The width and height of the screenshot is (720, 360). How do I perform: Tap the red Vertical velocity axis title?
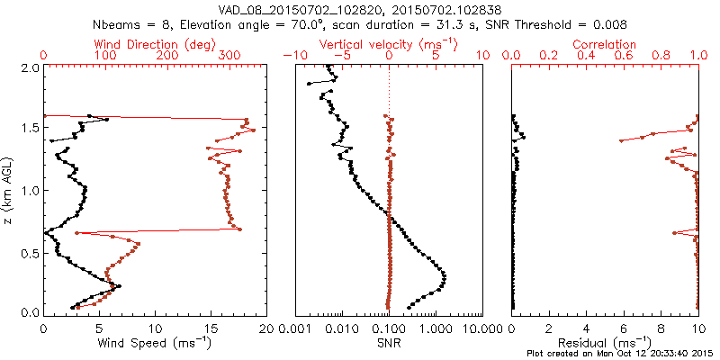tap(389, 44)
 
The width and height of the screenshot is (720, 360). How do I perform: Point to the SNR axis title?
tap(389, 342)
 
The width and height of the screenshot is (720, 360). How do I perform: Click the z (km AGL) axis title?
tap(9, 189)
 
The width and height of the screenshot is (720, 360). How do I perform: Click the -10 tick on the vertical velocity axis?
tap(293, 56)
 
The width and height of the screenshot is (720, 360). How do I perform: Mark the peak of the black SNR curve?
tap(445, 277)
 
